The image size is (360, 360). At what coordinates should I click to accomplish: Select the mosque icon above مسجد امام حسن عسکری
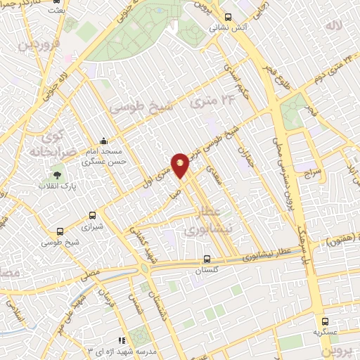click(x=105, y=140)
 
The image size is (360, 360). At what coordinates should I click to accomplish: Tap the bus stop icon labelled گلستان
click(x=206, y=257)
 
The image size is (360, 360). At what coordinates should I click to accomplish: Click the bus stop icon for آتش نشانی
click(x=226, y=17)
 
